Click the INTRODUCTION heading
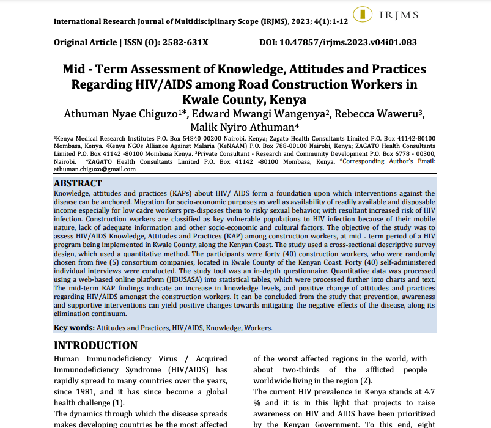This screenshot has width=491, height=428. coord(96,345)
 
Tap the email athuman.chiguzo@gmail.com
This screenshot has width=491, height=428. coord(95,169)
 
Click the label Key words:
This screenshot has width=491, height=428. coord(74,328)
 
